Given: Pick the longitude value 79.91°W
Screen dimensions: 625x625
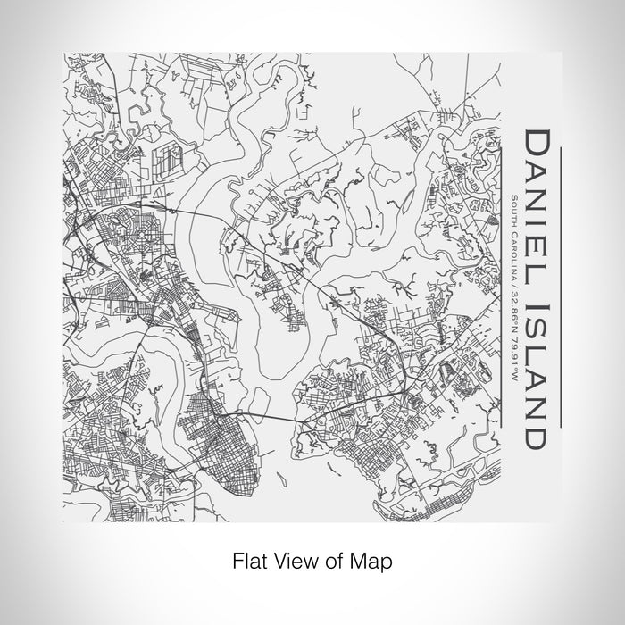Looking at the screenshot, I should (515, 340).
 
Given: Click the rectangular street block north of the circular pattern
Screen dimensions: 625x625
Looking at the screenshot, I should (166, 161).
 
